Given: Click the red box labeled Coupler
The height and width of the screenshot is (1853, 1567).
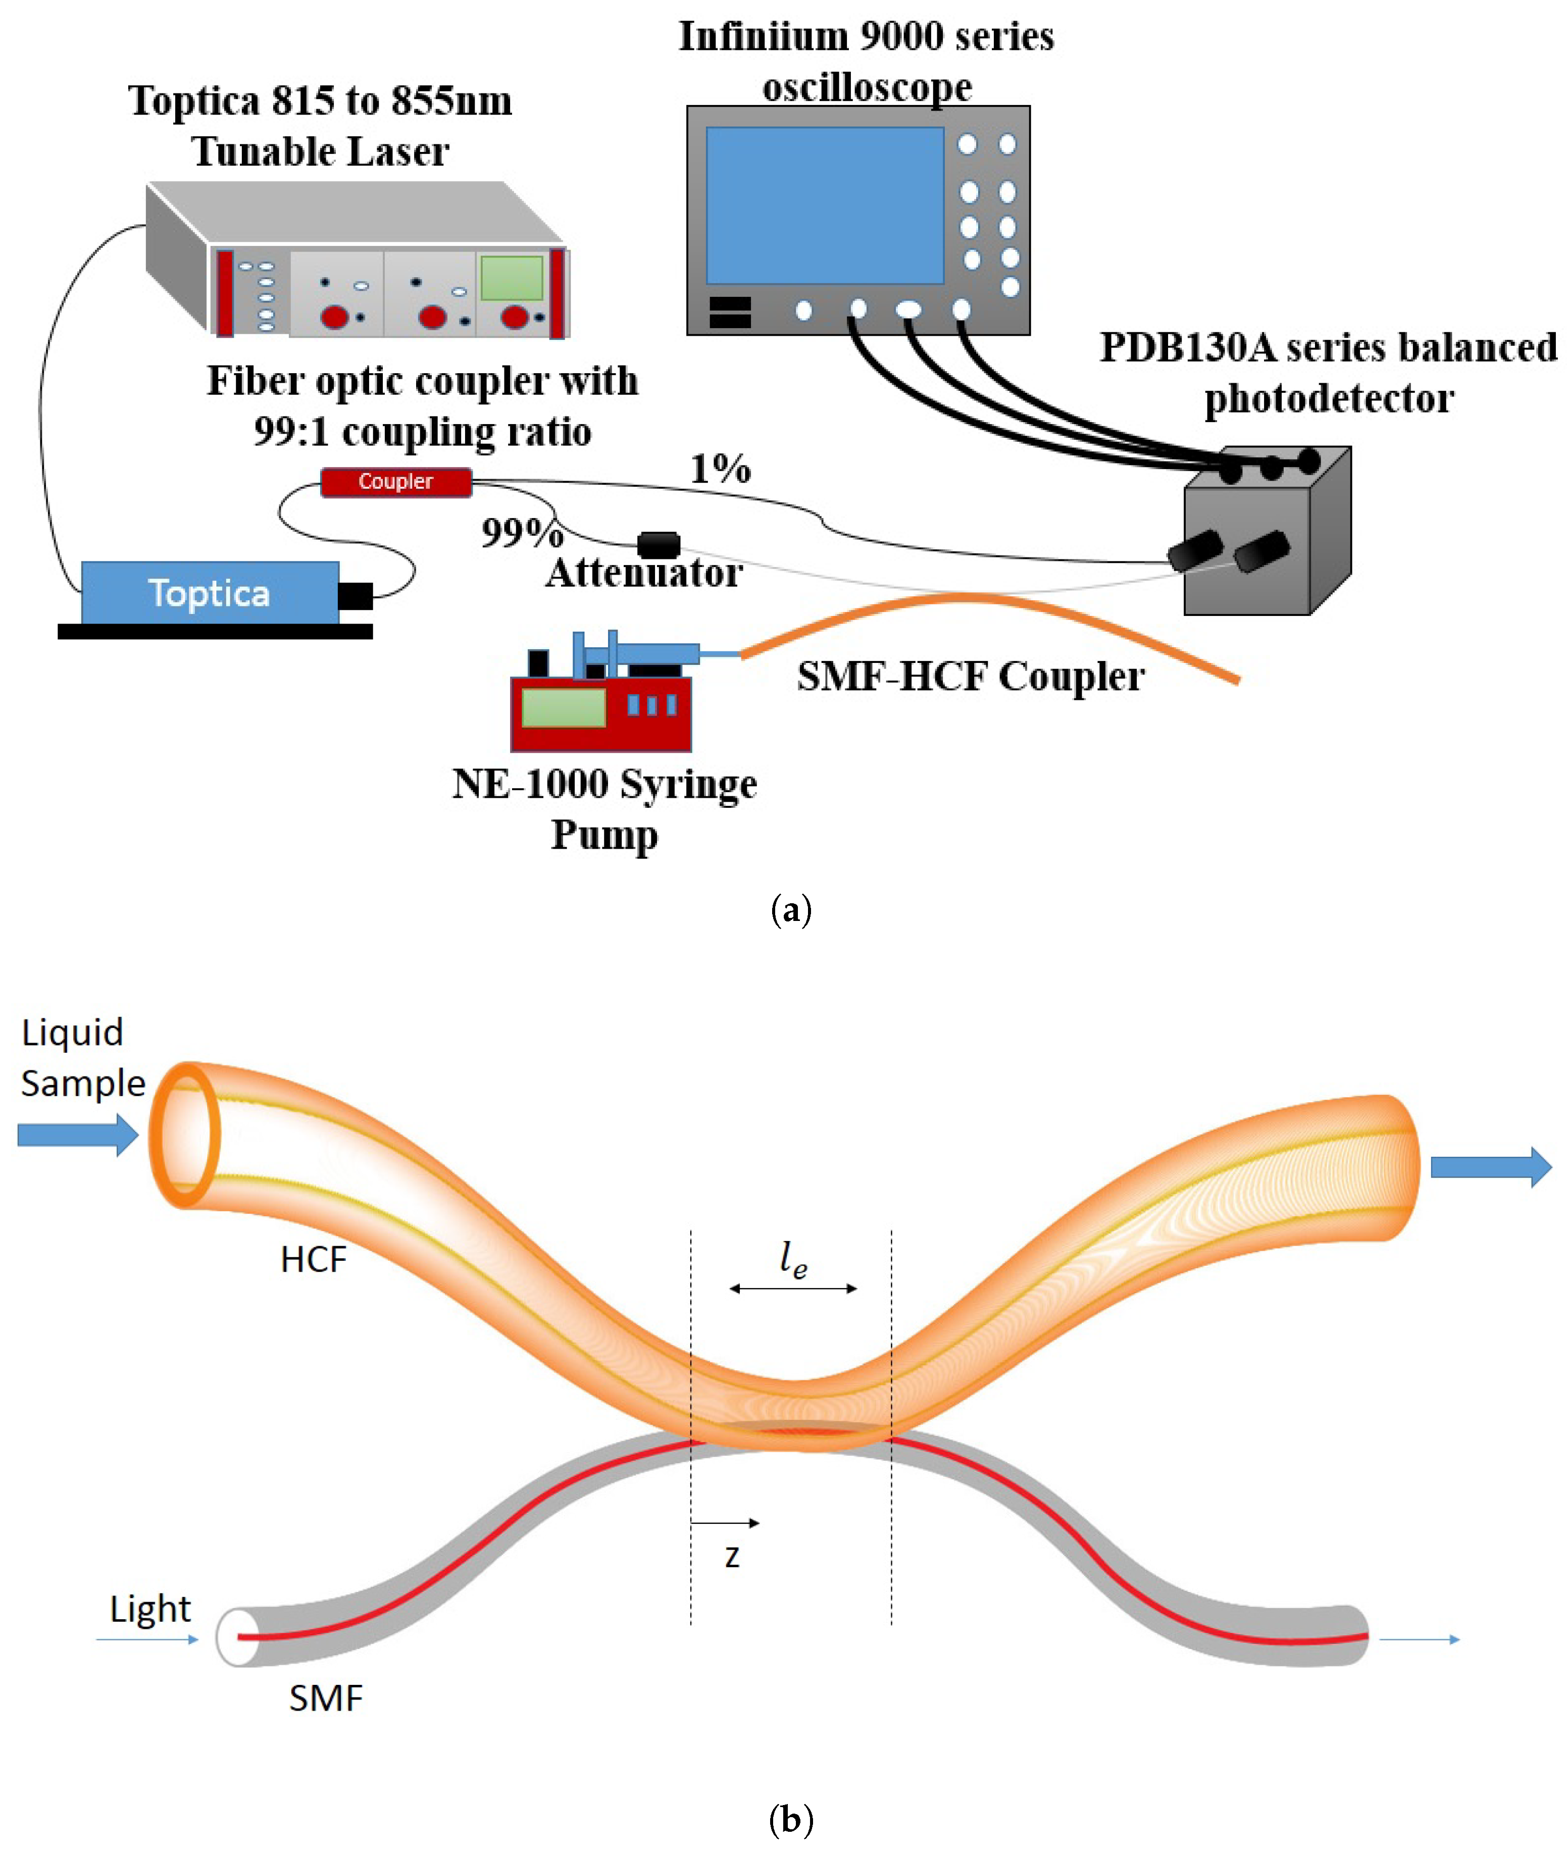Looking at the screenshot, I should point(395,482).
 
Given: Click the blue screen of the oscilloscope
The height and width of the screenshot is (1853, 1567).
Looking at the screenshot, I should point(824,205).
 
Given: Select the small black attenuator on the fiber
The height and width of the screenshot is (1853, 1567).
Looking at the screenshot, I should point(658,544).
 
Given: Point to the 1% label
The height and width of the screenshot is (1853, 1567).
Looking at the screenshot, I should point(721,468).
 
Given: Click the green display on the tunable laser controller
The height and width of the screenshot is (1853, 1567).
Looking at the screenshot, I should point(512,278).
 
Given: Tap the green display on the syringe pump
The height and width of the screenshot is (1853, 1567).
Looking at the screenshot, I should point(563,708).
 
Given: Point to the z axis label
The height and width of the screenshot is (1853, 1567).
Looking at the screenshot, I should point(732,1556).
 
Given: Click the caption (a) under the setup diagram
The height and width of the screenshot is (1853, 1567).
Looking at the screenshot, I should point(791,910).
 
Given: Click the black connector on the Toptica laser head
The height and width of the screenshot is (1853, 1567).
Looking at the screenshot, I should point(356,595).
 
